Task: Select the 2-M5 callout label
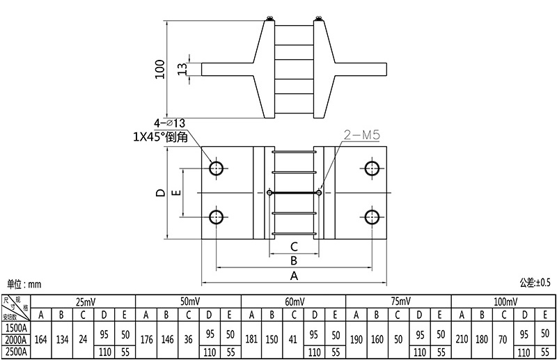361,134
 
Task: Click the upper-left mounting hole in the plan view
216,168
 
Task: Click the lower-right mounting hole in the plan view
371,216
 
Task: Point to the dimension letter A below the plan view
294,276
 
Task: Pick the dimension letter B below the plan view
294,260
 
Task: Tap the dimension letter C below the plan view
294,246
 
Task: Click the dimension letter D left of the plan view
161,192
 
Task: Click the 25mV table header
85,301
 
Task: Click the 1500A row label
15,327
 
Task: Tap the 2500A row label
15,352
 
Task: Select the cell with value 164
41,340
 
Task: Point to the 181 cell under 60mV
252,340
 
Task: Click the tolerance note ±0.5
535,283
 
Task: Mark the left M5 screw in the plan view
270,192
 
